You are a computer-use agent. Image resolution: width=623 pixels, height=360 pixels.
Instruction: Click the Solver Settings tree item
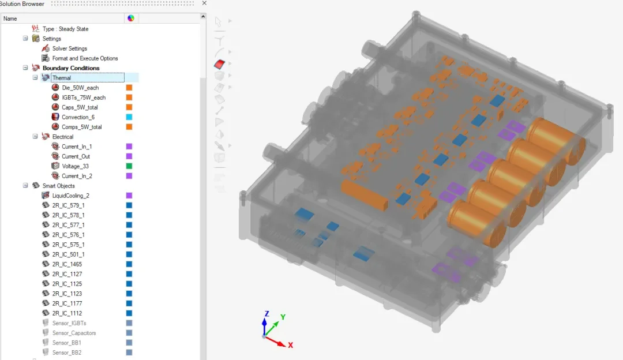tap(70, 48)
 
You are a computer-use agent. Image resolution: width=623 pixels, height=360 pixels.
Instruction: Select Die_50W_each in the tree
tap(80, 88)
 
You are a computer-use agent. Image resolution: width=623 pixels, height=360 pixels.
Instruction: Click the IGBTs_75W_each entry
tap(84, 97)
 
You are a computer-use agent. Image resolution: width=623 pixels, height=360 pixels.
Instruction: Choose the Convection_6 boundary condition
tap(78, 117)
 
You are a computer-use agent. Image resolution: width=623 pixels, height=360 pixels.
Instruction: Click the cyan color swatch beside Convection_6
tap(129, 117)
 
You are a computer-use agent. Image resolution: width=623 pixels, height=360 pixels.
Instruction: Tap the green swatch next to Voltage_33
tap(129, 166)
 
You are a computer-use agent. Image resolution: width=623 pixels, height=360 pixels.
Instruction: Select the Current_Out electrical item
tap(76, 156)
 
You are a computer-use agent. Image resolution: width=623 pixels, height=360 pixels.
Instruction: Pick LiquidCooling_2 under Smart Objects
tap(71, 196)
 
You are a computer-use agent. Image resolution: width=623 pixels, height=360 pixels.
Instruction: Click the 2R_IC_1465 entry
tap(67, 264)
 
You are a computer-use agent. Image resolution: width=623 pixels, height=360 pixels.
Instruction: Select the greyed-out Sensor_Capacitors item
tap(74, 333)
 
